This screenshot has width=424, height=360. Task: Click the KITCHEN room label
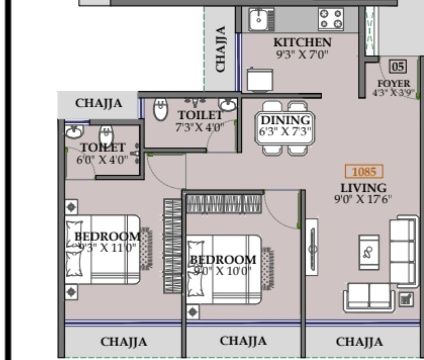click(302, 42)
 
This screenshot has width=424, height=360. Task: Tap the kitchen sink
click(258, 19)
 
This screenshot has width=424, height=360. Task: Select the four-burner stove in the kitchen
click(331, 19)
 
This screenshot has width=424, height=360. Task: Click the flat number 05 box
click(398, 66)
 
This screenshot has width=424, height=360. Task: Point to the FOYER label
click(394, 84)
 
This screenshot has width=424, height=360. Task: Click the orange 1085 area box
click(364, 171)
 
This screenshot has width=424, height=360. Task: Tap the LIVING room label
click(363, 188)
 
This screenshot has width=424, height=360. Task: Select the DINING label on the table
click(286, 120)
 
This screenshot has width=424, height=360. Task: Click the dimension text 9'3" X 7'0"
click(302, 54)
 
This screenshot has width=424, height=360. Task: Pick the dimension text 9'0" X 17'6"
click(363, 199)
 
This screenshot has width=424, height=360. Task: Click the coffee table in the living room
click(369, 252)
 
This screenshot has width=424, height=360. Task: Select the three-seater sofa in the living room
click(403, 251)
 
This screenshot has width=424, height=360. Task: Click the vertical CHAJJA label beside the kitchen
click(220, 49)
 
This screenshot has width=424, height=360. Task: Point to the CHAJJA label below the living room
click(359, 342)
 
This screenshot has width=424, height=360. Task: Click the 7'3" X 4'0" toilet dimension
click(199, 127)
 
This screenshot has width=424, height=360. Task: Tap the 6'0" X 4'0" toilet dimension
click(102, 159)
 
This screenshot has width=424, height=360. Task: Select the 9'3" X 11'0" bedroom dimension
click(107, 247)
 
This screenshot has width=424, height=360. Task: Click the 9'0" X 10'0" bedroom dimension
click(222, 271)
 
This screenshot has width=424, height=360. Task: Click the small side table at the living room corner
click(406, 299)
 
